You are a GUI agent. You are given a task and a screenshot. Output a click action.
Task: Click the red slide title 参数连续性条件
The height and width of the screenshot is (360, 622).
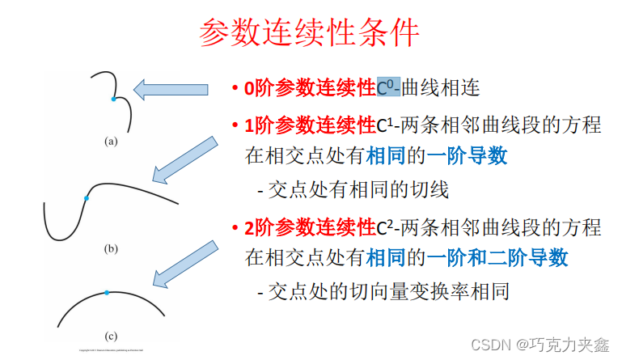[310, 35]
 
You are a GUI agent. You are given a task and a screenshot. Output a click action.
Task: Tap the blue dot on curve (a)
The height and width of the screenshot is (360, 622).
[114, 99]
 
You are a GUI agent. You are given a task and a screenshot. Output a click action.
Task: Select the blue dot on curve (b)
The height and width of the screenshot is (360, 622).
[86, 197]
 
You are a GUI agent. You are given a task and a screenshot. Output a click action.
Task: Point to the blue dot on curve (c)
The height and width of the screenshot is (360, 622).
[106, 293]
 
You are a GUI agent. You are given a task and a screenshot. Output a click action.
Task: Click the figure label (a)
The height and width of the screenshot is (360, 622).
[111, 141]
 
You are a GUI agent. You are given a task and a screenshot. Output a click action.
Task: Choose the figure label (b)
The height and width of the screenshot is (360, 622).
[111, 248]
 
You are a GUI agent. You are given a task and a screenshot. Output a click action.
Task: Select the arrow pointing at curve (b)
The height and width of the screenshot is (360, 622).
[184, 159]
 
